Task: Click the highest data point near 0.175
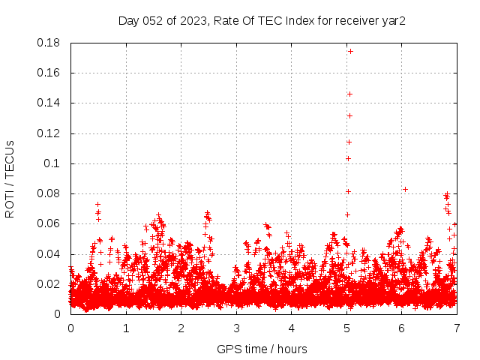[350, 52]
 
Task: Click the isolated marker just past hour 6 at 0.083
[405, 189]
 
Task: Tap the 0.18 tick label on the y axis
[49, 43]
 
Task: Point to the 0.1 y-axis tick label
[54, 163]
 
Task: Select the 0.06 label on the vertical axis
[49, 223]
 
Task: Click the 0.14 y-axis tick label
[49, 103]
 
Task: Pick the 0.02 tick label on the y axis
[49, 284]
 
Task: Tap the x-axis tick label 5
[346, 328]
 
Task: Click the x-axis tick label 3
[236, 328]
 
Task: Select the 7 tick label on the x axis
[457, 328]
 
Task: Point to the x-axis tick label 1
[126, 328]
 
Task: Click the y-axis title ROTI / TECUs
[10, 178]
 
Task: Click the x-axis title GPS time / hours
[262, 349]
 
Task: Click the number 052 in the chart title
[153, 20]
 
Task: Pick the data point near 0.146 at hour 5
[349, 94]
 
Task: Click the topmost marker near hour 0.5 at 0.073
[97, 204]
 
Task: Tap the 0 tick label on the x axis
[70, 328]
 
